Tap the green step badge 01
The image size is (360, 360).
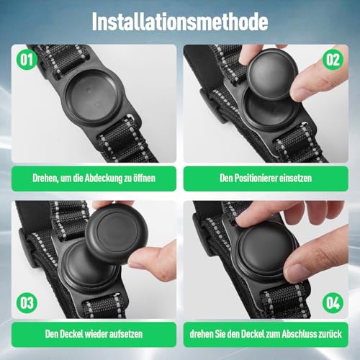pyautogui.click(x=27, y=58)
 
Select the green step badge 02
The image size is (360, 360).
pyautogui.click(x=332, y=58)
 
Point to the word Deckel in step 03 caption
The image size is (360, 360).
pyautogui.click(x=69, y=335)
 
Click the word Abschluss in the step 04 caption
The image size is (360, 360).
pyautogui.click(x=308, y=335)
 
